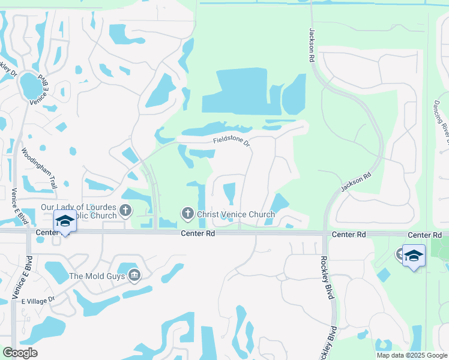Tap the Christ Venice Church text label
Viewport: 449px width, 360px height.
[236, 214]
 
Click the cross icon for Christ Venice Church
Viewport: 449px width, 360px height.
[187, 214]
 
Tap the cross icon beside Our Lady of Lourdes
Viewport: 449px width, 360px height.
[125, 210]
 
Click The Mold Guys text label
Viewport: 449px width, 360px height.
[97, 276]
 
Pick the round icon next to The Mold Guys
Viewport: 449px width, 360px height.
[134, 275]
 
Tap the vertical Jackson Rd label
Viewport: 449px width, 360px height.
[312, 46]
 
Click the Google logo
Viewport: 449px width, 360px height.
[20, 353]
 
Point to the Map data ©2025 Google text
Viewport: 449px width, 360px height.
[412, 355]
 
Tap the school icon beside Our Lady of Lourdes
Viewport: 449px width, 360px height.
[65, 221]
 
